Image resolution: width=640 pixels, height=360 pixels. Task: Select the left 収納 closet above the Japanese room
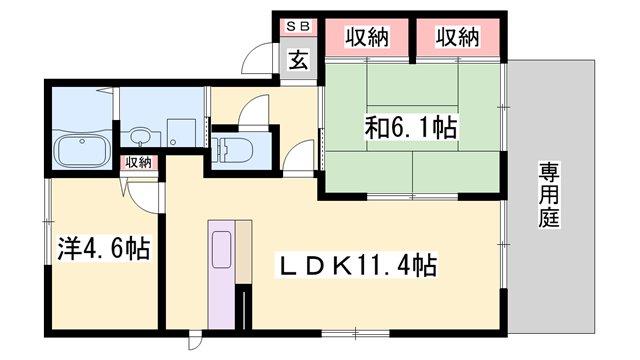point(367,37)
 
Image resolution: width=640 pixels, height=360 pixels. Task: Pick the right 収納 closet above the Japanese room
point(457,37)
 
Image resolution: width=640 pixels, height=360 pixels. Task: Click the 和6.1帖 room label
point(410,128)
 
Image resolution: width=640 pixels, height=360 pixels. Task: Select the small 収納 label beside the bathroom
point(137,162)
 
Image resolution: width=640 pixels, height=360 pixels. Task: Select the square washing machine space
point(181,130)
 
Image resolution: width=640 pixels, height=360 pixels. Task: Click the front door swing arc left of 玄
point(261,57)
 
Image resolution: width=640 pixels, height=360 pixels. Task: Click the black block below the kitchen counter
point(241,305)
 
